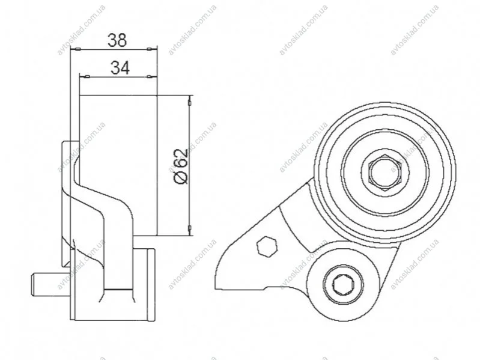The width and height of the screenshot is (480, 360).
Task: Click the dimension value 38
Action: pos(117,40)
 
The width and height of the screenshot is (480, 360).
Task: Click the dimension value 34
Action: pos(120,68)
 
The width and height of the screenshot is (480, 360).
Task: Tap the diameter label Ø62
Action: pos(181,166)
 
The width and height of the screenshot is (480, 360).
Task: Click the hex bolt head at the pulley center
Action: pos(384,172)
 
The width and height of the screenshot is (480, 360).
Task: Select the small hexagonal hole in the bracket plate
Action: pos(267,246)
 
